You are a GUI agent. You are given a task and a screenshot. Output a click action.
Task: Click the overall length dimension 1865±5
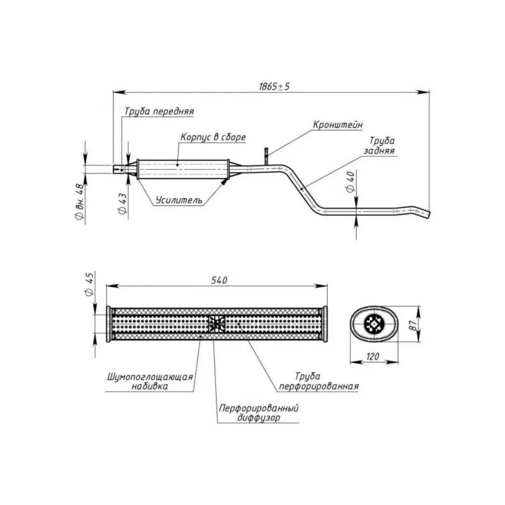(275, 86)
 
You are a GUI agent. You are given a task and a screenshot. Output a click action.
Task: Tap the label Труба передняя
(159, 111)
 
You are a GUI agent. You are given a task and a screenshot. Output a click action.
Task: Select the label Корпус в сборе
(213, 137)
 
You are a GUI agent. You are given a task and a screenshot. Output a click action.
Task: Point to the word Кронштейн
(338, 124)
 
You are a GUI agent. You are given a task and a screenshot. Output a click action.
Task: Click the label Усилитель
(179, 200)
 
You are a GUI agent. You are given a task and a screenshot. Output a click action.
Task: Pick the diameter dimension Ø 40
(351, 182)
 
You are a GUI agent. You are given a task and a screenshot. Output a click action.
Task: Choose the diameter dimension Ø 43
(122, 204)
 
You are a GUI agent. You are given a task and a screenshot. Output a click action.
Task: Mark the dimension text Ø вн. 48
(80, 201)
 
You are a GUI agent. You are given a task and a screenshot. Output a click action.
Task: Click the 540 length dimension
(219, 280)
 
